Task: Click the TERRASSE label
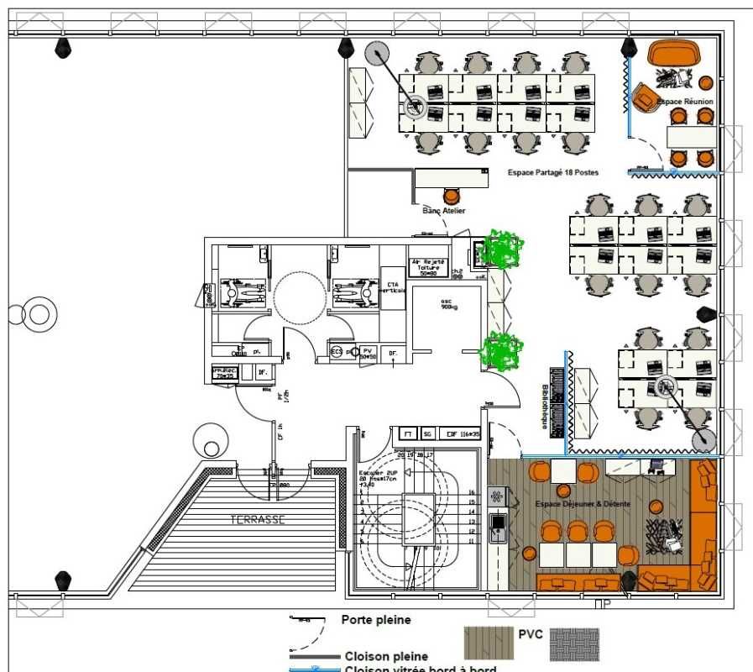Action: point(258,520)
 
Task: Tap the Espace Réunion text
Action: point(685,102)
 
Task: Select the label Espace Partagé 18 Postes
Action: point(553,172)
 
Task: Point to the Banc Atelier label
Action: point(444,211)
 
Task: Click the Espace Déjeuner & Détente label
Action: point(583,504)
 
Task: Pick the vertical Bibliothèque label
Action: point(545,407)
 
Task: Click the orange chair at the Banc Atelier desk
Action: point(452,197)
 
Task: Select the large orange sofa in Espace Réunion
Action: point(675,52)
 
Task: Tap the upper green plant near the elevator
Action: point(503,249)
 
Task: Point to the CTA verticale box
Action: point(392,281)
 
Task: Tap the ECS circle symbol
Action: point(337,351)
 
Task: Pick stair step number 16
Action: point(472,493)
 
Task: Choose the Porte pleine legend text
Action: point(376,621)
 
